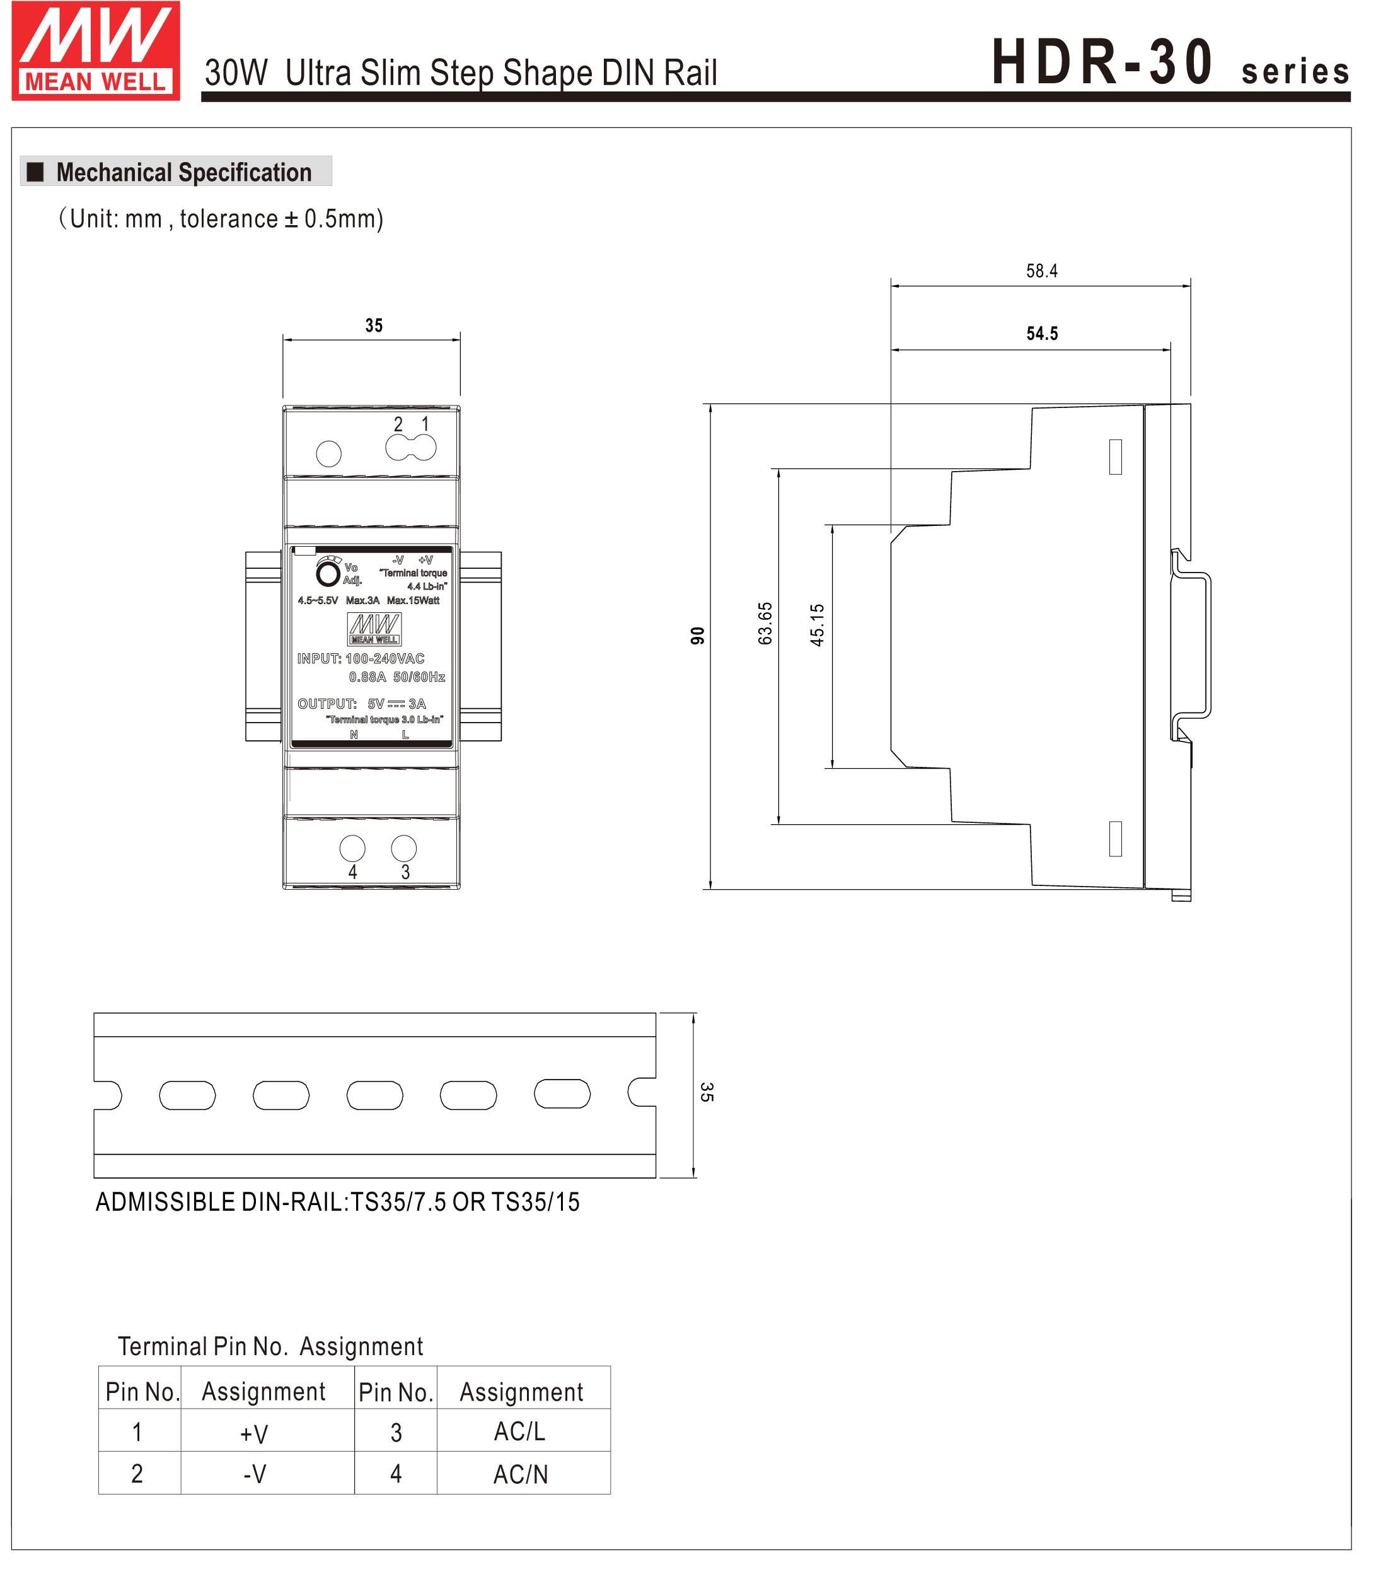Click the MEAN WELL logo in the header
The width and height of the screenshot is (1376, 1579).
(96, 50)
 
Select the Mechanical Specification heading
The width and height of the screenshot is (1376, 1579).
(183, 172)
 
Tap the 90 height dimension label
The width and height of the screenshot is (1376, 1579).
(697, 636)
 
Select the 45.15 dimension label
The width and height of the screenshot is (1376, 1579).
(817, 624)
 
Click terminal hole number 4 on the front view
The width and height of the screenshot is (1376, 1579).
(352, 849)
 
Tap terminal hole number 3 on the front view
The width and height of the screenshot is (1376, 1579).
(404, 849)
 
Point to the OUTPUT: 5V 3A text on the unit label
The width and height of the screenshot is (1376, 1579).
(362, 704)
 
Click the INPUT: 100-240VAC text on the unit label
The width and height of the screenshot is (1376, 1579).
(361, 658)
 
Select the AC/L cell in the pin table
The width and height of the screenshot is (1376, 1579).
(520, 1431)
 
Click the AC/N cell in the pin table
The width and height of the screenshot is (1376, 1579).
(520, 1474)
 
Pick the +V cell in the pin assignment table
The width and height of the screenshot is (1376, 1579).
(254, 1433)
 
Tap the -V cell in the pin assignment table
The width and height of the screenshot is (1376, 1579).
(254, 1474)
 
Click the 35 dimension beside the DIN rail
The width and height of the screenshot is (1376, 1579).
(707, 1092)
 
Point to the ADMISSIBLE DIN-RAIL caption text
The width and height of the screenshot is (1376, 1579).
(338, 1202)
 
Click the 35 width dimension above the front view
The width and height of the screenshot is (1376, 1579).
(374, 325)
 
